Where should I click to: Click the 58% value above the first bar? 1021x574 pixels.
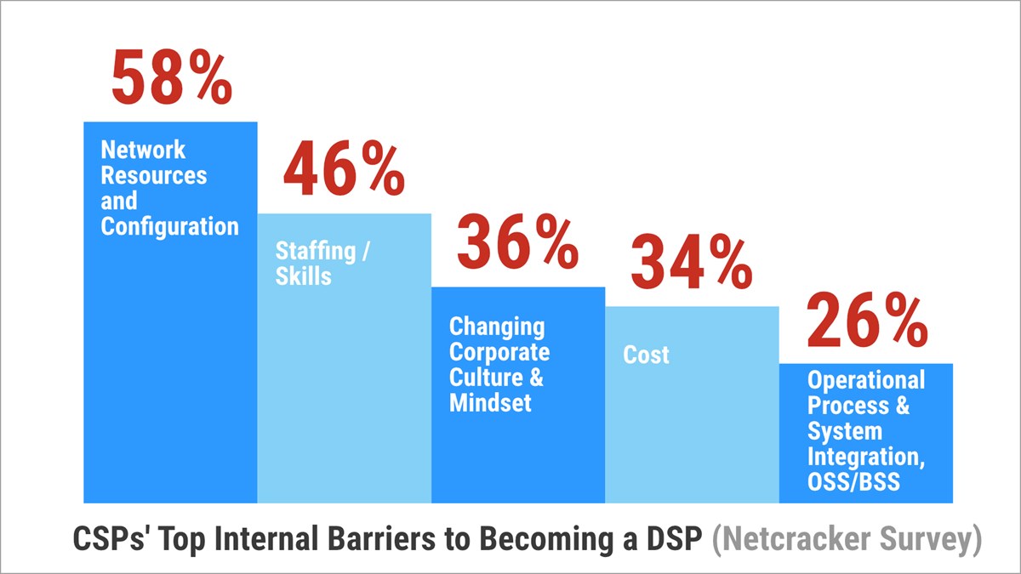pos(171,78)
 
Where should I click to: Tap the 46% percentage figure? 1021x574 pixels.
pos(344,172)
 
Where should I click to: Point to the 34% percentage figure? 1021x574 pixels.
pos(691,263)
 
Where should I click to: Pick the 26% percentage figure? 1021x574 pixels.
pos(866,321)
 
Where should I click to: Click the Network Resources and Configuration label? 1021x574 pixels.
pos(169,189)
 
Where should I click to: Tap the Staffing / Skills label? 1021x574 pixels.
pos(316,264)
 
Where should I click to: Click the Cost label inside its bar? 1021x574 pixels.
pos(646,355)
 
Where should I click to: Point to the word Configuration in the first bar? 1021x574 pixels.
pos(169,227)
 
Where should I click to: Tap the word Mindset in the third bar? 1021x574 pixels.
pos(490,402)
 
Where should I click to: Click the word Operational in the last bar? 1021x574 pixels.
pos(866,380)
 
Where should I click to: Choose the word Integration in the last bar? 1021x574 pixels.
pos(864,456)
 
